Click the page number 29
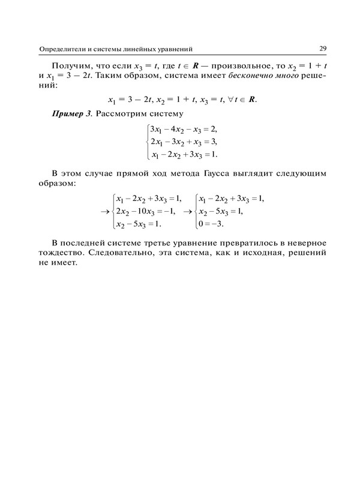[x=323, y=48]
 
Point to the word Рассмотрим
[x=124, y=113]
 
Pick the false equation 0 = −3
[x=214, y=224]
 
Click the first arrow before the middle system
[x=104, y=212]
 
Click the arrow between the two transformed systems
[x=187, y=212]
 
